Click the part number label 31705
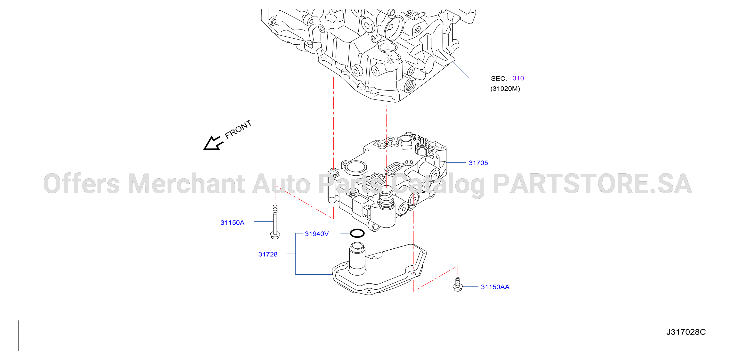point(478,163)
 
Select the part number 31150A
point(232,223)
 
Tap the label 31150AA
point(495,287)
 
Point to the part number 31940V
point(317,234)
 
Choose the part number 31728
point(268,254)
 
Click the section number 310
point(518,78)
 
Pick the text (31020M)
point(505,89)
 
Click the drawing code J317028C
point(686,332)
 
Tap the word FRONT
point(238,129)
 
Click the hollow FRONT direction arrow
point(212,143)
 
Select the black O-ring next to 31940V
point(357,233)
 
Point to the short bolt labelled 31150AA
point(457,285)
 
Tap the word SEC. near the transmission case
point(499,79)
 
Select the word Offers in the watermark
point(81,184)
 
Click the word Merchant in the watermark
point(186,184)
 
